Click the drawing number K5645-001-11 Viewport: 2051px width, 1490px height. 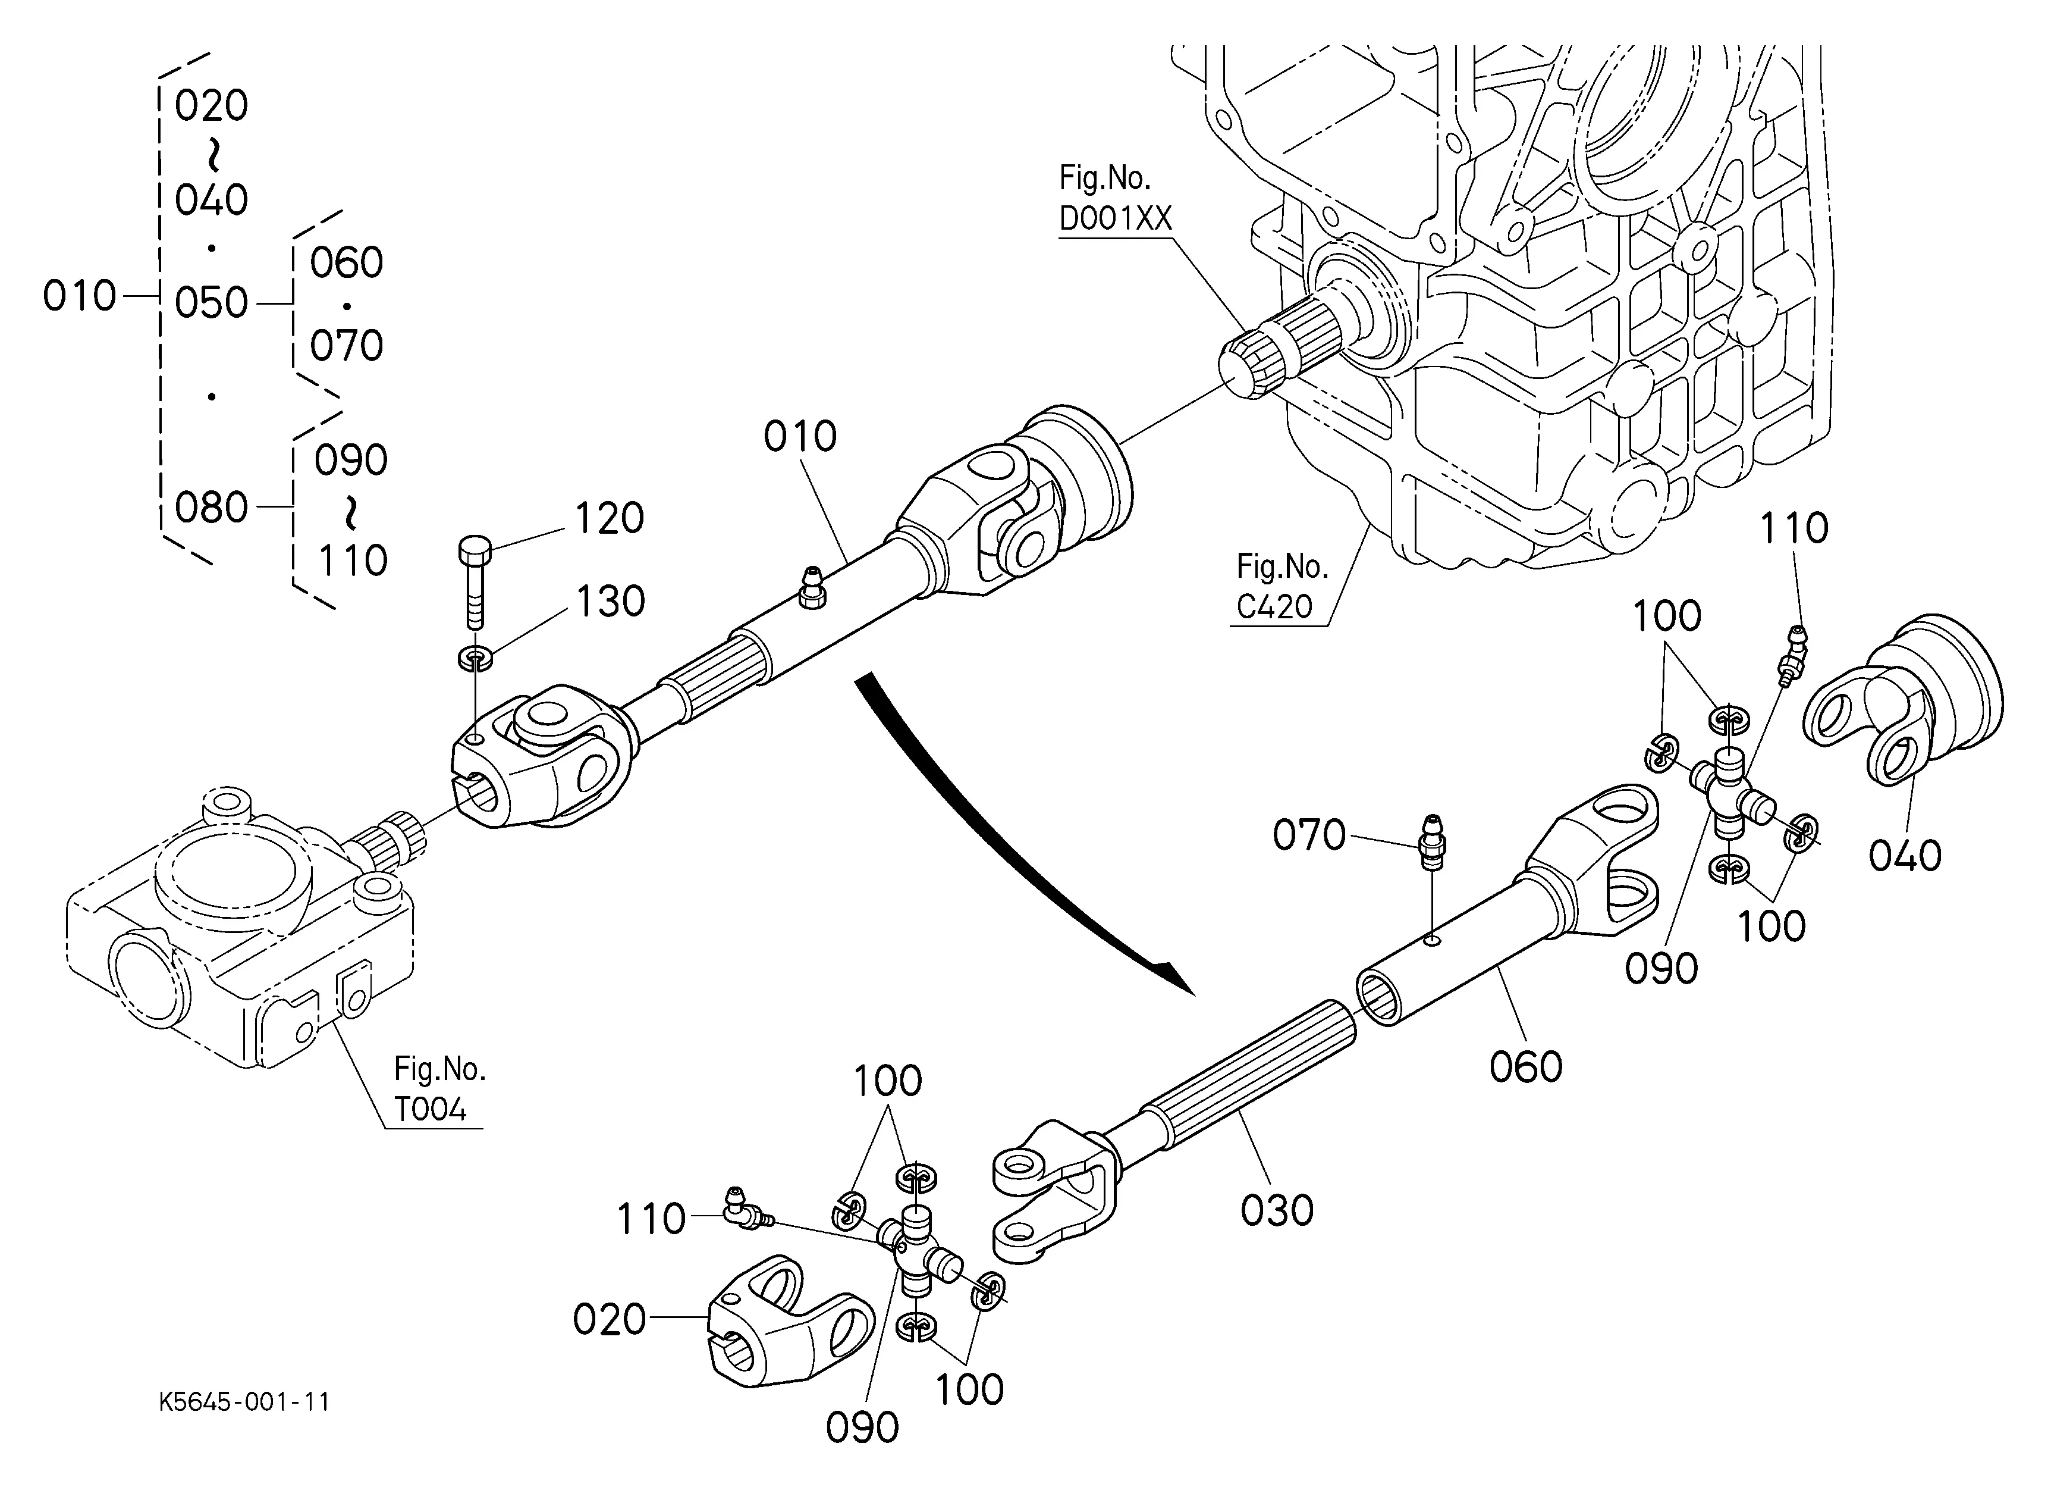pyautogui.click(x=244, y=1403)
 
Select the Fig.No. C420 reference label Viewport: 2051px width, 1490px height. pyautogui.click(x=1282, y=586)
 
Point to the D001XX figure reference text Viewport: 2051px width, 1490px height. pyautogui.click(x=1115, y=218)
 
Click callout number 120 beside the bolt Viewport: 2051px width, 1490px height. pyautogui.click(x=610, y=518)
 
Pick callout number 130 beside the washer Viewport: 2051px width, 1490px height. pyautogui.click(x=610, y=602)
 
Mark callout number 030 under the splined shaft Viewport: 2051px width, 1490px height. pyautogui.click(x=1276, y=1210)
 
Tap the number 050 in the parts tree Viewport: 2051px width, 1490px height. pyautogui.click(x=211, y=302)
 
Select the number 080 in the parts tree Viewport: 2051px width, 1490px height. pyautogui.click(x=211, y=508)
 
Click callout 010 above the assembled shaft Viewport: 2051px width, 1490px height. pyautogui.click(x=799, y=436)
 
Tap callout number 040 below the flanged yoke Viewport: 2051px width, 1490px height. pyautogui.click(x=1905, y=855)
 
